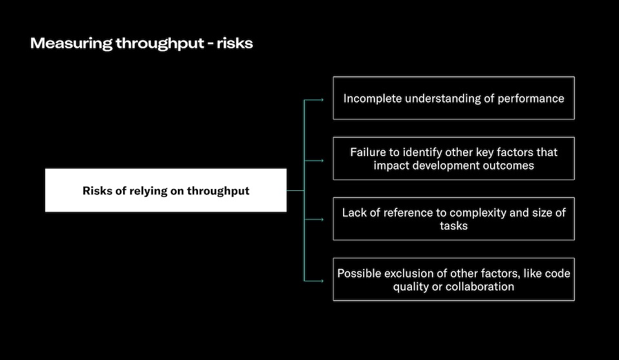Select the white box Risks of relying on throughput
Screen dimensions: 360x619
(x=166, y=190)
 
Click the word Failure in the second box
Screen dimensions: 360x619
(x=369, y=152)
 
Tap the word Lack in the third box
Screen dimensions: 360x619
(x=353, y=212)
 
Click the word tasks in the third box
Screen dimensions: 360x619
(x=453, y=226)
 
